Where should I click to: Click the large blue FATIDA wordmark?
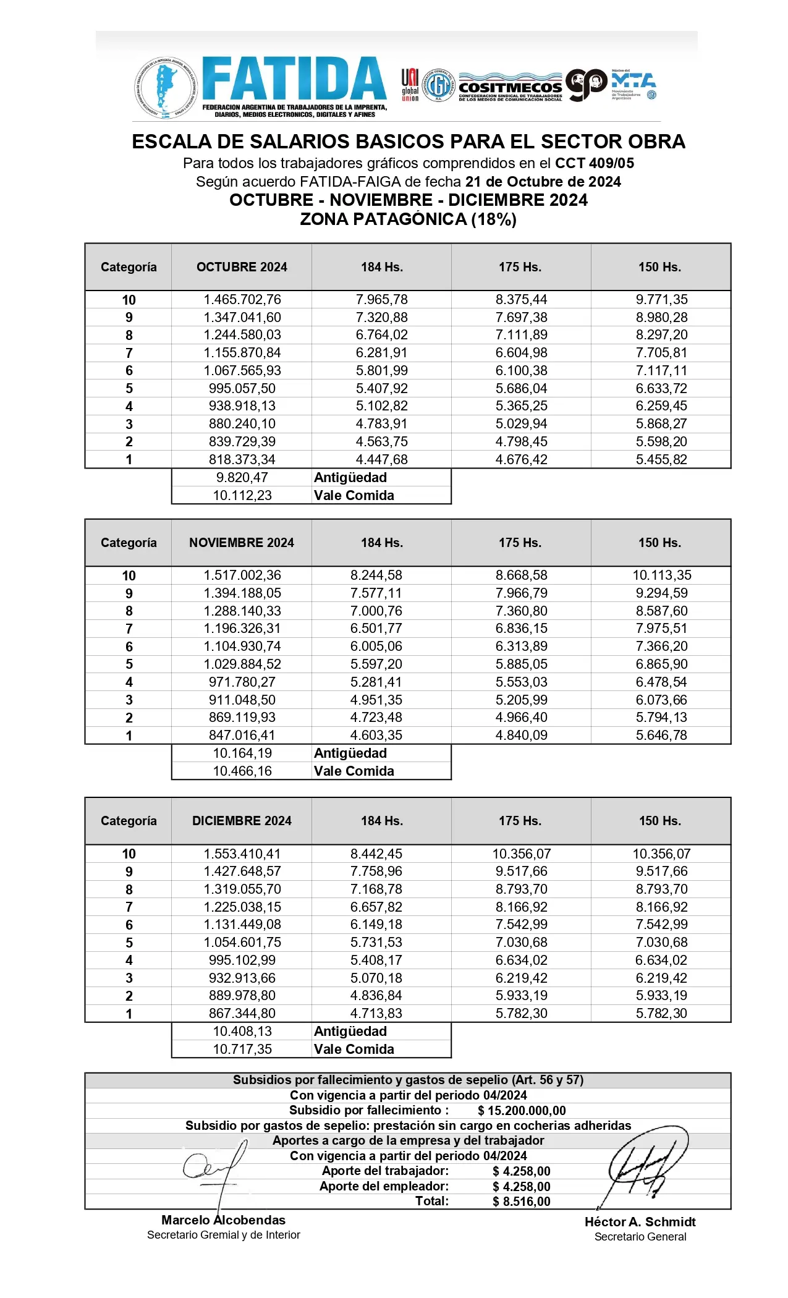coord(294,79)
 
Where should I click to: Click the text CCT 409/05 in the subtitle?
coord(595,163)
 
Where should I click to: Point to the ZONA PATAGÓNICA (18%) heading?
coord(408,219)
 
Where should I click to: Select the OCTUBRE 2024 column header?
coord(242,267)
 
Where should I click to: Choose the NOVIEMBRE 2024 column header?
coord(242,543)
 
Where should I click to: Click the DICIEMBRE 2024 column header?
coord(242,821)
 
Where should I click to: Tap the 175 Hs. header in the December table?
coord(520,821)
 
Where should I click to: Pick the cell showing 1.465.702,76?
coord(242,300)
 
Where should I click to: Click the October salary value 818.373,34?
coord(242,459)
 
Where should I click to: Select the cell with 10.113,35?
coord(661,575)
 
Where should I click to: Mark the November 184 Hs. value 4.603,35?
coord(376,735)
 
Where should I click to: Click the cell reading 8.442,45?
coord(376,854)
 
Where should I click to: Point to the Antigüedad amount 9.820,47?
coord(242,477)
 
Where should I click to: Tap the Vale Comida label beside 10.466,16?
coord(354,771)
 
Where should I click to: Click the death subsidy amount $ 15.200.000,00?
coord(522,1111)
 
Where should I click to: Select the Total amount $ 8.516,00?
coord(522,1201)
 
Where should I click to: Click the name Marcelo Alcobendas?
coord(223,1220)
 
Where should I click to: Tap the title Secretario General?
coord(640,1237)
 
